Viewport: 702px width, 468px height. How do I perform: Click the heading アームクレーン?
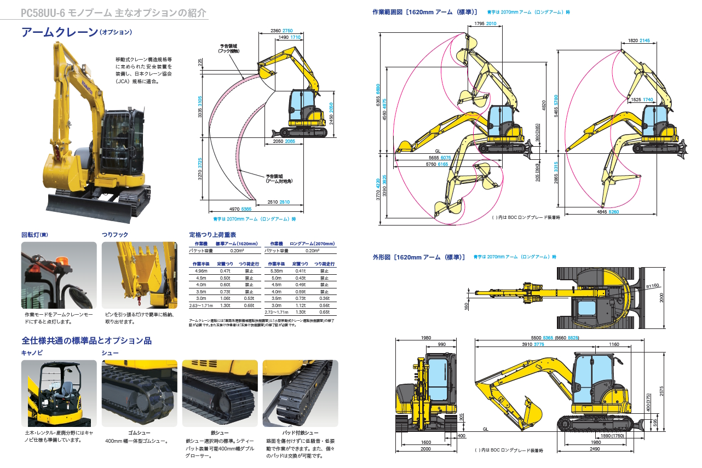[x=59, y=32]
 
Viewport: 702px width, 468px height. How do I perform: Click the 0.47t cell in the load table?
[x=225, y=271]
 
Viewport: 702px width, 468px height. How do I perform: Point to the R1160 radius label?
[x=653, y=286]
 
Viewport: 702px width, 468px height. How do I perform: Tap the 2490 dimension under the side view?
[x=595, y=449]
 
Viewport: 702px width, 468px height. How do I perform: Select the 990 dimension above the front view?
[x=441, y=344]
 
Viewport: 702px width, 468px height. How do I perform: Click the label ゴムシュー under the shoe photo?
[x=139, y=432]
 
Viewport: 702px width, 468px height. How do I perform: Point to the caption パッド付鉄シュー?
[x=300, y=432]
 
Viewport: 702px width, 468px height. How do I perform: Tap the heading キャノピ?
[x=32, y=353]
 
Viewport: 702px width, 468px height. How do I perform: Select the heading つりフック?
[x=115, y=234]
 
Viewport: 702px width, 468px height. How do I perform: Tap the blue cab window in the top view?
[x=586, y=308]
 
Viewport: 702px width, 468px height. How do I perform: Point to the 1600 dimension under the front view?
[x=425, y=442]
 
